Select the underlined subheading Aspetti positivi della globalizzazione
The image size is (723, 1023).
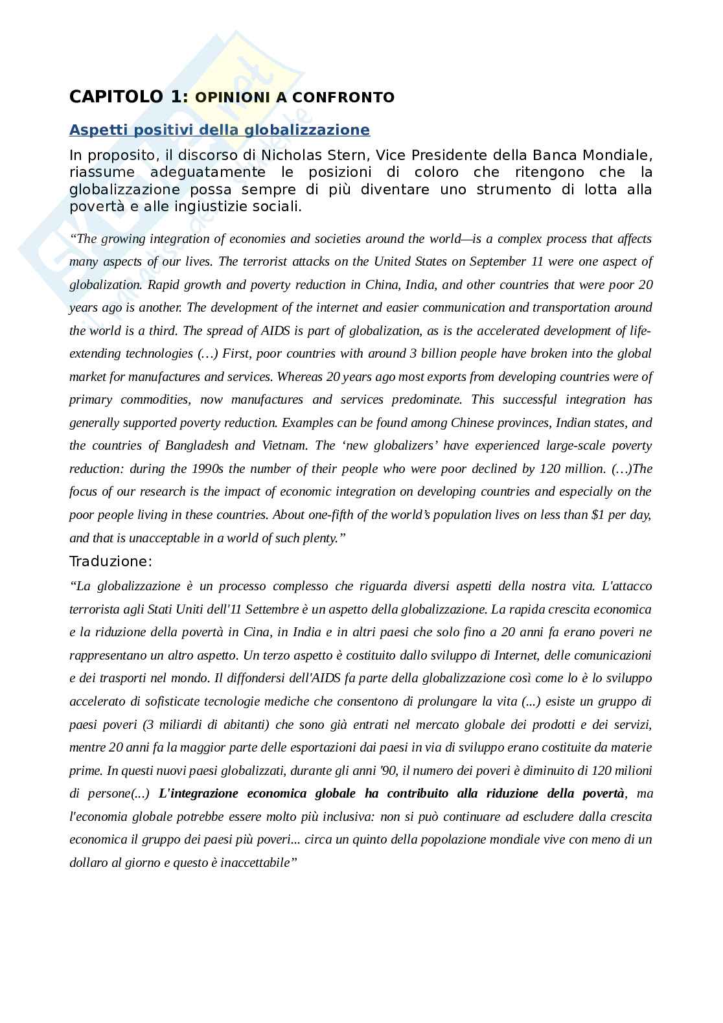tap(220, 130)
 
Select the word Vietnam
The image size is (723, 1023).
tap(284, 446)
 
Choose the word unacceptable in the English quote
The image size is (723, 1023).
tap(157, 538)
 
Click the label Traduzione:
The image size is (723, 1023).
tap(111, 561)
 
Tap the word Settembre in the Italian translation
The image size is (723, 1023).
tap(275, 609)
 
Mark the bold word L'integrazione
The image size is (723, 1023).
tap(196, 794)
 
